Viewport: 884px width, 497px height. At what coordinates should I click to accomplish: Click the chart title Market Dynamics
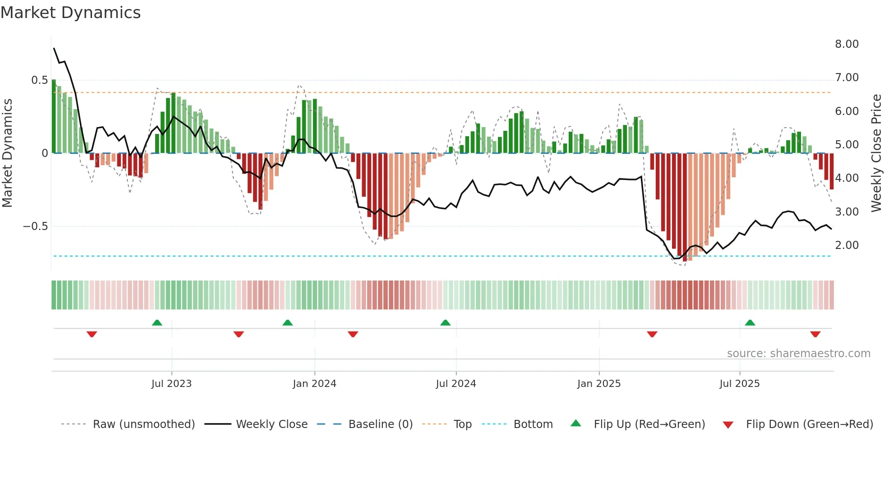(71, 13)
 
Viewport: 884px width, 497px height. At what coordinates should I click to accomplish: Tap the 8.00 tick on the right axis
(847, 44)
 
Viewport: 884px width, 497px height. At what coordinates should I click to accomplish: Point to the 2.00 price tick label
(847, 245)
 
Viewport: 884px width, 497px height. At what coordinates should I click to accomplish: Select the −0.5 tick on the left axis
(36, 226)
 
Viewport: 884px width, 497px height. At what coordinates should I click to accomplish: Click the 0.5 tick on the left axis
(39, 80)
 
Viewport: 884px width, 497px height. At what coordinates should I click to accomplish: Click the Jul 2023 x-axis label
(171, 384)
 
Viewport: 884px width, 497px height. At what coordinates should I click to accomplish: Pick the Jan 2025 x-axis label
(599, 384)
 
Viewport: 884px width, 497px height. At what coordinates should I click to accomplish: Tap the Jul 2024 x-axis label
(456, 384)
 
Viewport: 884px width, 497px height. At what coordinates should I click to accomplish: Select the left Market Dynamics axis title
(7, 153)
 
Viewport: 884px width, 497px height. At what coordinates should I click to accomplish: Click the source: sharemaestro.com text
(798, 354)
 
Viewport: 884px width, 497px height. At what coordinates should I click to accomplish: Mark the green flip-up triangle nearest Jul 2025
(750, 322)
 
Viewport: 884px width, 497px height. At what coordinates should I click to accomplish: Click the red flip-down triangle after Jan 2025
(652, 334)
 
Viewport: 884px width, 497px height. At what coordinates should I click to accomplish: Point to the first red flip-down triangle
(92, 334)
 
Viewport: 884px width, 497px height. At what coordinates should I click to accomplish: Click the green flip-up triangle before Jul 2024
(445, 322)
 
